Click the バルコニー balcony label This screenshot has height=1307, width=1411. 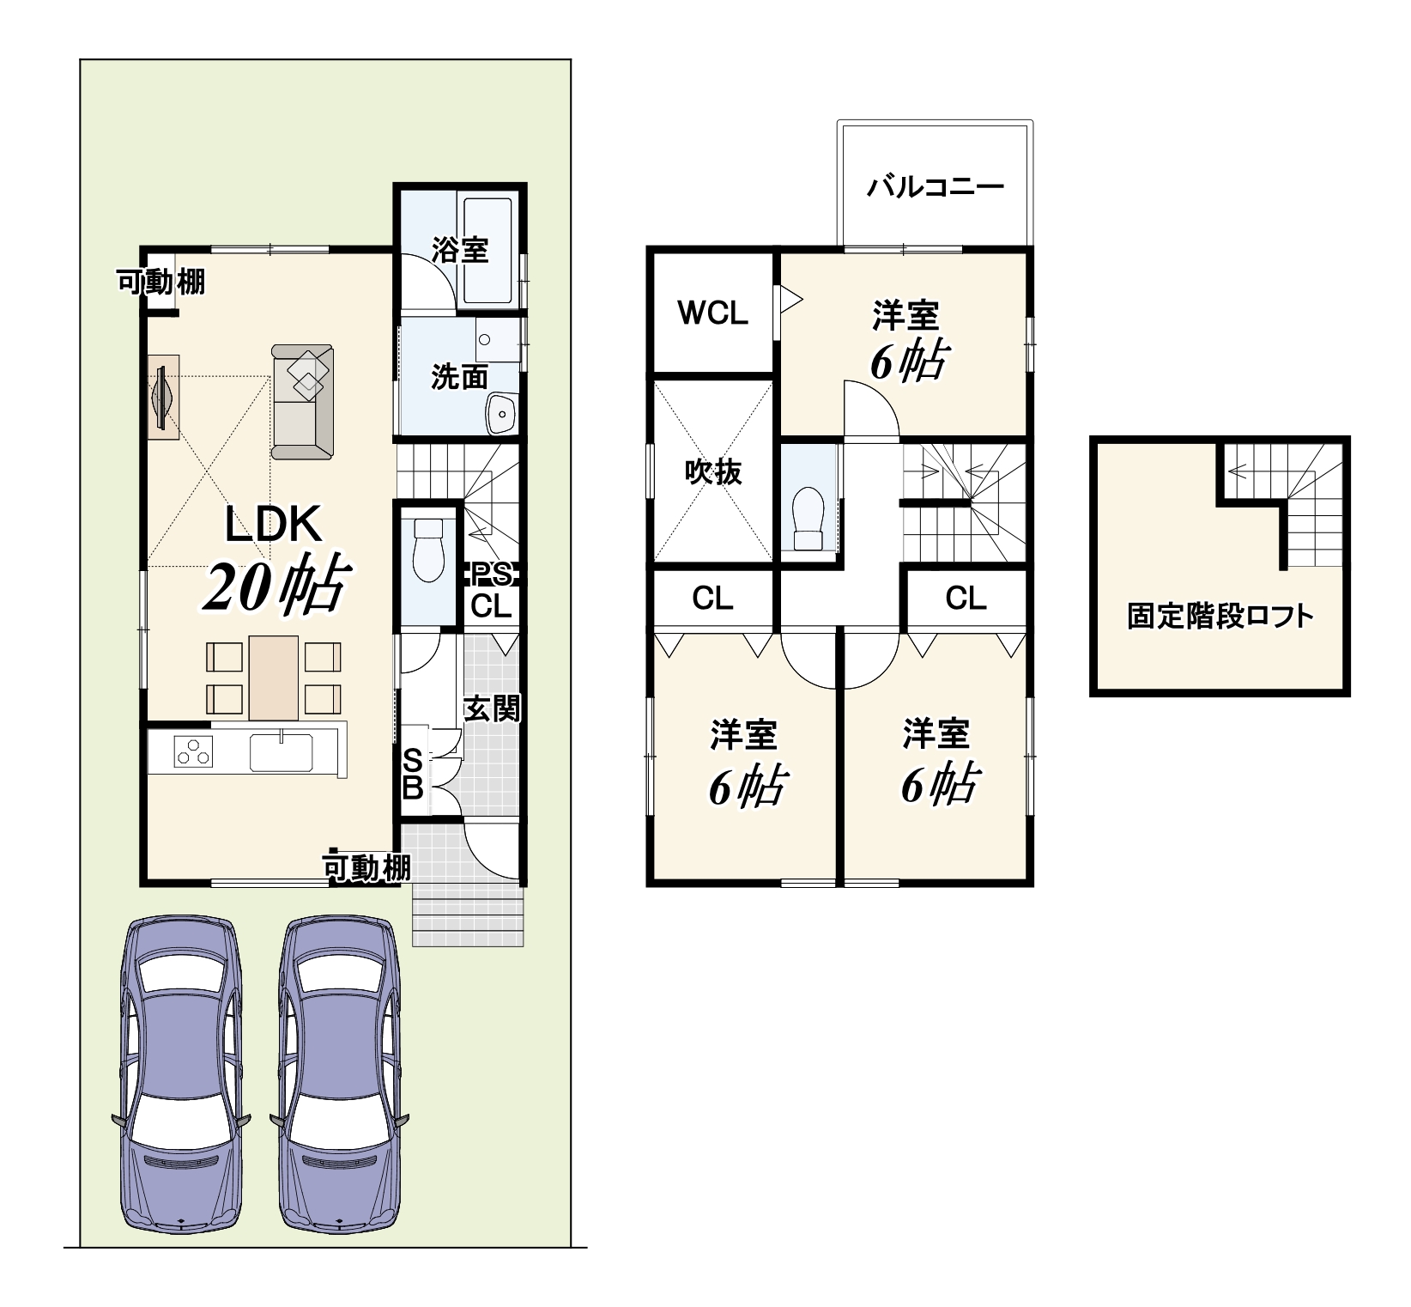(935, 186)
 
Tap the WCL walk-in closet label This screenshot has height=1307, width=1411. (712, 313)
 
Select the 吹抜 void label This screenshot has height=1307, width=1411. (713, 471)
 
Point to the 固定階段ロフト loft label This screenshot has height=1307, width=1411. (1220, 617)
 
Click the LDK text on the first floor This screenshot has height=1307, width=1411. (273, 525)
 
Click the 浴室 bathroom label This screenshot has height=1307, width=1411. (460, 249)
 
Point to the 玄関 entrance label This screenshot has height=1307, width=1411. (492, 708)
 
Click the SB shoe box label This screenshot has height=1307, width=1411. (413, 774)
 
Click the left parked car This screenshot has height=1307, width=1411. (180, 1075)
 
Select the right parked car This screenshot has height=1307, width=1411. (339, 1075)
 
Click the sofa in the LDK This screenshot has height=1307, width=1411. (302, 402)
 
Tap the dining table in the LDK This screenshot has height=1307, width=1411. (274, 678)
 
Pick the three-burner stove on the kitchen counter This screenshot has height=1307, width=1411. (193, 752)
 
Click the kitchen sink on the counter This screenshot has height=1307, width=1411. (282, 751)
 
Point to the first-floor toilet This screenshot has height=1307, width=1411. (427, 550)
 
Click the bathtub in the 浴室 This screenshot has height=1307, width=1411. (487, 251)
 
